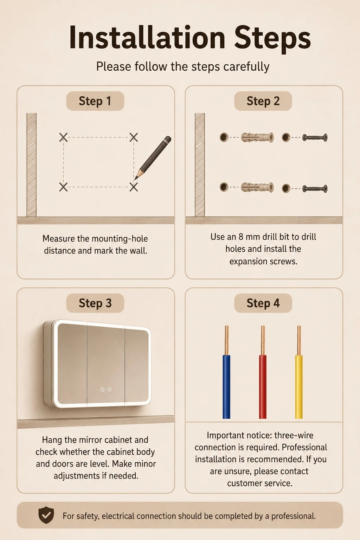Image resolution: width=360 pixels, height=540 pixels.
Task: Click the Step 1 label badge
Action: pyautogui.click(x=95, y=101)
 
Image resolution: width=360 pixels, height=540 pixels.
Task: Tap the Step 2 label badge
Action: pyautogui.click(x=263, y=101)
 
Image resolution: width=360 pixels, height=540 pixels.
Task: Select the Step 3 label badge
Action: pyautogui.click(x=95, y=303)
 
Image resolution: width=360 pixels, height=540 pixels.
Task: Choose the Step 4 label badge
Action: pyautogui.click(x=263, y=303)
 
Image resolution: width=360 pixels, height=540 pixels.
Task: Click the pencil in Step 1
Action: pyautogui.click(x=153, y=158)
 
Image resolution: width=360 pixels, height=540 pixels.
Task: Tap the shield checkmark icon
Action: pyautogui.click(x=46, y=515)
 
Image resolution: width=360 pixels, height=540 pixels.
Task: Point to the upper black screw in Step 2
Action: pyautogui.click(x=315, y=138)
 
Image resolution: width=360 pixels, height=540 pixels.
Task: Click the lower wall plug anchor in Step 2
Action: pyautogui.click(x=257, y=187)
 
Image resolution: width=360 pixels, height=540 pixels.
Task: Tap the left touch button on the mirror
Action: pyautogui.click(x=102, y=389)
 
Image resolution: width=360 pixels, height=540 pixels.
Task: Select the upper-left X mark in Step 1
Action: pyautogui.click(x=63, y=137)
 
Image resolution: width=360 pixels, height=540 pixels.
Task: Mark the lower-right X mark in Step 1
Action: pyautogui.click(x=134, y=187)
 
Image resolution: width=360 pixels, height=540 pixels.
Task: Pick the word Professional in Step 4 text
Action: pyautogui.click(x=304, y=447)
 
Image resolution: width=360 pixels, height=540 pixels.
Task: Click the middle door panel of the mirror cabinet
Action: pyautogui.click(x=105, y=364)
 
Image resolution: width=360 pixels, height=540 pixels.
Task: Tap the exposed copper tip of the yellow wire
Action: pyautogui.click(x=299, y=340)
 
